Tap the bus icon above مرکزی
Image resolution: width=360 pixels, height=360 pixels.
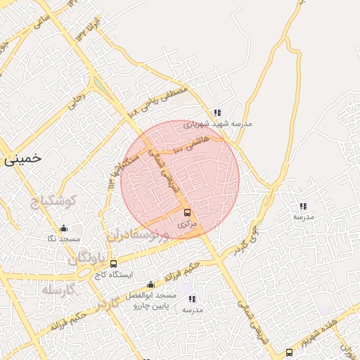point(186,212)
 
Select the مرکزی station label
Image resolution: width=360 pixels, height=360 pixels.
point(186,224)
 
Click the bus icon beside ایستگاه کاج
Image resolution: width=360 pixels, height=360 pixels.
point(114,264)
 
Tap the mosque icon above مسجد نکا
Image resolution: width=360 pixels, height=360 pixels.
point(63,228)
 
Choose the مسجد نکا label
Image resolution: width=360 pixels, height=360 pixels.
point(63,239)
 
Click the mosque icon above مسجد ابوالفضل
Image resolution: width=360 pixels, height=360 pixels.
point(150,285)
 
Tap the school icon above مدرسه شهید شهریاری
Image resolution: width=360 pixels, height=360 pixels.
point(217,112)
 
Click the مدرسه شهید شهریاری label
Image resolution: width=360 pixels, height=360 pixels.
point(217,124)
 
